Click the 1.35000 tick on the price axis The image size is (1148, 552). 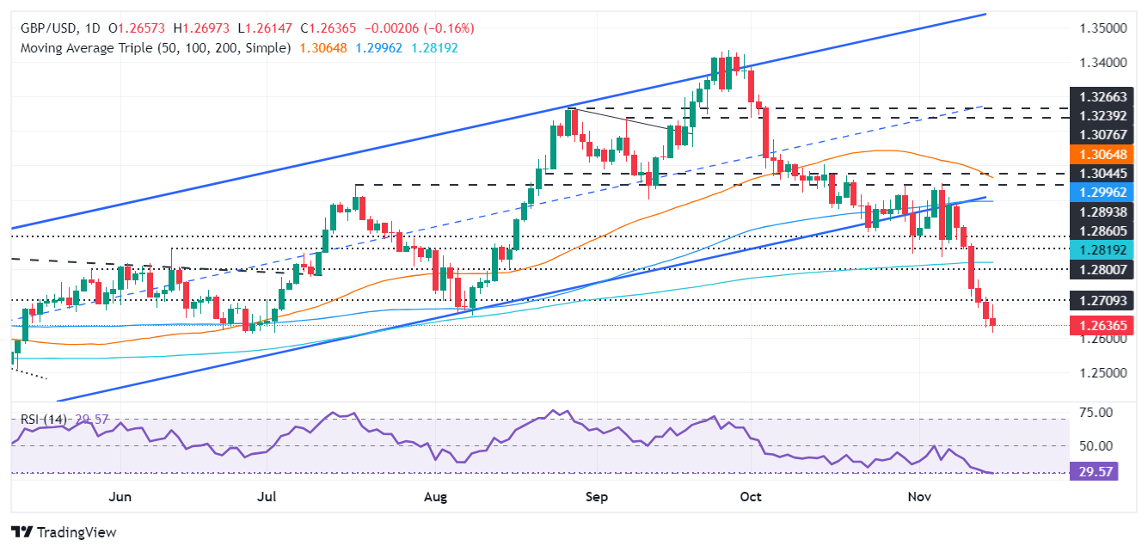tap(1102, 28)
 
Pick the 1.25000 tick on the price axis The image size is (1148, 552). tap(1102, 372)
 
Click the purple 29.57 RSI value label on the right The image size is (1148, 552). tap(1092, 472)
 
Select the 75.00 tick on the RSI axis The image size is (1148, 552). tap(1096, 414)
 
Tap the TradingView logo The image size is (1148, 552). tap(64, 532)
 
